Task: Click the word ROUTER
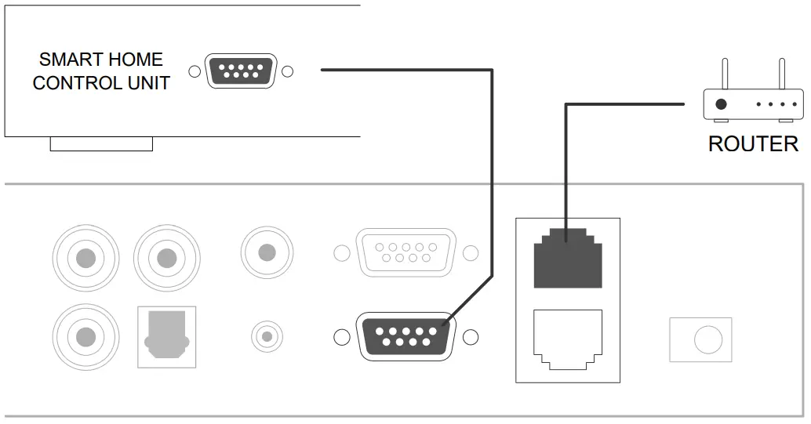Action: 752,143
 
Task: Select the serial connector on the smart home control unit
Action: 240,71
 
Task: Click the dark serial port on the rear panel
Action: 405,337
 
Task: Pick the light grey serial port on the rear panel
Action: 405,252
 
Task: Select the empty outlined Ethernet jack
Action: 567,339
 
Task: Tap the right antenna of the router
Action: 781,74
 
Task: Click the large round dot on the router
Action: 721,103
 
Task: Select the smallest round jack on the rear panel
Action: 267,337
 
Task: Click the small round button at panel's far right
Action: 700,339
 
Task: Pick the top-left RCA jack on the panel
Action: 86,257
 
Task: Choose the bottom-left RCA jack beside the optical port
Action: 86,337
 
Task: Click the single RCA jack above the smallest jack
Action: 267,252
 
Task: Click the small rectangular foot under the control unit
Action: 101,143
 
